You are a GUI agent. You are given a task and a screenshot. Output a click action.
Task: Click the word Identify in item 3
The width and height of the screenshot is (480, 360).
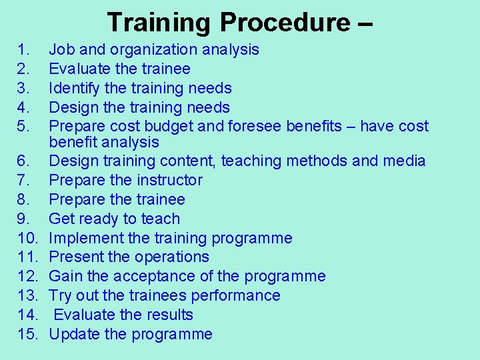(73, 88)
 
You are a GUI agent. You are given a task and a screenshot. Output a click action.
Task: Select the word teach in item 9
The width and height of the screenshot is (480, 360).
(161, 219)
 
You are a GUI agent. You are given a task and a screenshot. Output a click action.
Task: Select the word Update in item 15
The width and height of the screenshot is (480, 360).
(75, 334)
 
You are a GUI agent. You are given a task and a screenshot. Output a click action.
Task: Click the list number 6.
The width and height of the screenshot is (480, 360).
(23, 161)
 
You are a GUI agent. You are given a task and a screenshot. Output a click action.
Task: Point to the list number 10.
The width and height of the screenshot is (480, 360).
(27, 238)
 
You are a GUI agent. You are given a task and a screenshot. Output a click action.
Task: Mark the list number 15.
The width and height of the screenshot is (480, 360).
(27, 334)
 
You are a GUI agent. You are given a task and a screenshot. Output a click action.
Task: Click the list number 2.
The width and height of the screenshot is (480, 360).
(23, 69)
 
